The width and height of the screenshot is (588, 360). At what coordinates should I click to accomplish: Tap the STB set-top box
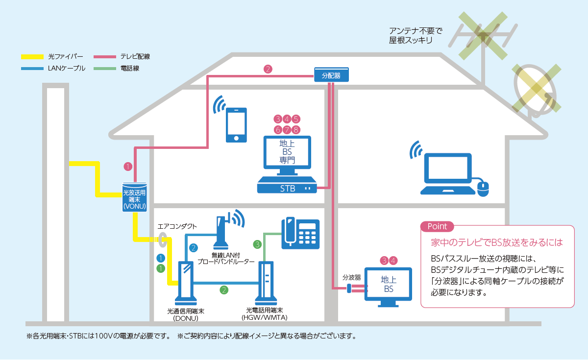click(x=287, y=187)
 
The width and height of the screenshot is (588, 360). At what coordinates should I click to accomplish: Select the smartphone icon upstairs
click(x=236, y=125)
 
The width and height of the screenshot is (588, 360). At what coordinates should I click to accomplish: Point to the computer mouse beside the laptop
click(x=483, y=188)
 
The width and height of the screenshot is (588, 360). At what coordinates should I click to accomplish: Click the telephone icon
click(x=300, y=232)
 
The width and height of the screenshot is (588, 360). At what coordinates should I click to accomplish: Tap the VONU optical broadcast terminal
click(x=134, y=197)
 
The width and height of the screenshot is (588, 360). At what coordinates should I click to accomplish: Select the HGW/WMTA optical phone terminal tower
click(x=265, y=284)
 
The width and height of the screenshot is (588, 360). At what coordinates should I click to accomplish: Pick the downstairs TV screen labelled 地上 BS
click(x=389, y=285)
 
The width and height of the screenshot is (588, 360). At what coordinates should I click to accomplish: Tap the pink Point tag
click(x=437, y=226)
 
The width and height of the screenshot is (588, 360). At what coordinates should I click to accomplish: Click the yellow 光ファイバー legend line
click(x=32, y=57)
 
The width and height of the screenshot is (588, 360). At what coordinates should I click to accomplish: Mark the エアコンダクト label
click(x=177, y=226)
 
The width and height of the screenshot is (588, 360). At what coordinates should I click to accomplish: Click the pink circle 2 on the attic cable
click(x=268, y=69)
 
